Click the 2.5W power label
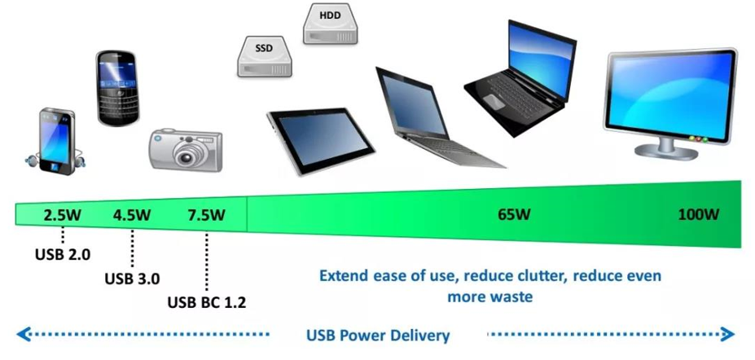point(63,215)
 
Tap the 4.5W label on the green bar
point(132,215)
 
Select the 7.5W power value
point(207,215)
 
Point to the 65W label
point(514,214)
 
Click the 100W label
point(698,214)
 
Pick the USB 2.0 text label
point(63,254)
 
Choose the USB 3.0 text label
point(132,279)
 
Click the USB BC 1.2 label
point(207,303)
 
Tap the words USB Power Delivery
point(378,335)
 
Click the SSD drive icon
point(265,56)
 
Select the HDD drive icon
point(331,24)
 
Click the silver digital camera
point(186,150)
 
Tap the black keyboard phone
point(117,88)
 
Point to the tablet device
point(321,140)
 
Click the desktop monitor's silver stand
point(667,147)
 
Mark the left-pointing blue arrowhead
point(23,334)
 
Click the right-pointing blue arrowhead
point(727,334)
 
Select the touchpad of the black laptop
point(494,101)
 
